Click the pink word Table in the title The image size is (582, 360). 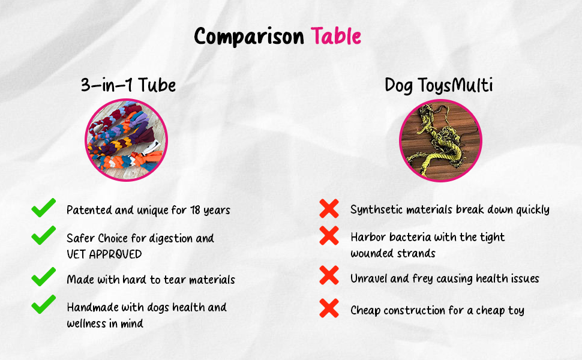point(336,36)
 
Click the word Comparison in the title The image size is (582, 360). point(249,37)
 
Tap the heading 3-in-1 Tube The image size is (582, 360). point(128,85)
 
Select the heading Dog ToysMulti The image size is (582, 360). point(439,85)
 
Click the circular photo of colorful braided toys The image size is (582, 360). point(126,140)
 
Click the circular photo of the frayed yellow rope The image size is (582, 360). point(440,140)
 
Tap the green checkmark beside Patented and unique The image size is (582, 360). point(43,208)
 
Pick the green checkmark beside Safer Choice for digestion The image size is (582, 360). point(43,235)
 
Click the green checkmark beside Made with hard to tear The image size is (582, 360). point(43,277)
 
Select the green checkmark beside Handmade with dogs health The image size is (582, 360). point(43,304)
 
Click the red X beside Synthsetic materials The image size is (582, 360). point(329,208)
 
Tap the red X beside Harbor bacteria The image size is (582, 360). point(329,236)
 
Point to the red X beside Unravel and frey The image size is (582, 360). point(329,275)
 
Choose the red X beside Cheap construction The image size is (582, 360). point(329,308)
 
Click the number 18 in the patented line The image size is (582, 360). point(195,210)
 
